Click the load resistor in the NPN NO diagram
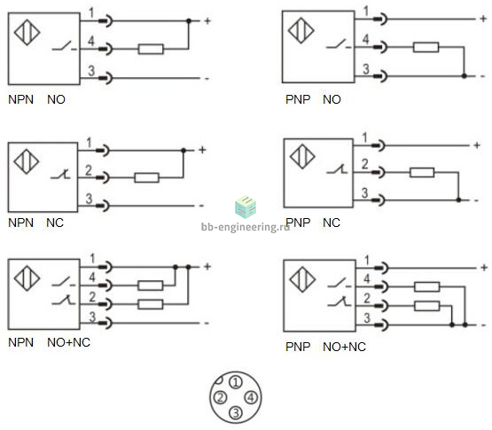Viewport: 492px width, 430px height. point(151,50)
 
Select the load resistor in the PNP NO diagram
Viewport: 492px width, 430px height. point(426,47)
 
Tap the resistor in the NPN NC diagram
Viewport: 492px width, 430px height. point(146,177)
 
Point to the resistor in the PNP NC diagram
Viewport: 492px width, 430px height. point(422,172)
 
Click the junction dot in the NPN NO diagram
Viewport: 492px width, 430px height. point(189,21)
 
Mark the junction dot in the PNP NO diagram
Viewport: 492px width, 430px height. point(465,76)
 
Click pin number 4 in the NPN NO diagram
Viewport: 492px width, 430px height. point(91,41)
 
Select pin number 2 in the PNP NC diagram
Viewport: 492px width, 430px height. point(364,164)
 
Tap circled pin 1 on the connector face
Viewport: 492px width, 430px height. point(236,382)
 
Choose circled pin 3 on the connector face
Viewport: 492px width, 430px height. point(236,412)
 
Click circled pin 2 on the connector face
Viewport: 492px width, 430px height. point(220,398)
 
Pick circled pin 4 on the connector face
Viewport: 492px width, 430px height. point(251,398)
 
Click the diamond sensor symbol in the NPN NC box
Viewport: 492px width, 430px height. point(27,161)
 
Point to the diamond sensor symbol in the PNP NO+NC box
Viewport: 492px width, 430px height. point(302,279)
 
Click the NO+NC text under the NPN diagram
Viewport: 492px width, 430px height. point(69,342)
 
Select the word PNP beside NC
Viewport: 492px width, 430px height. point(298,223)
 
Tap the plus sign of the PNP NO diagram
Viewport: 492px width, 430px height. point(483,19)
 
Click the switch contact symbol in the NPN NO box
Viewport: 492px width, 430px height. point(64,46)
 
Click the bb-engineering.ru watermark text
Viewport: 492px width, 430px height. point(245,227)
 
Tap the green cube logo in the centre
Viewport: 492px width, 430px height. point(246,207)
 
